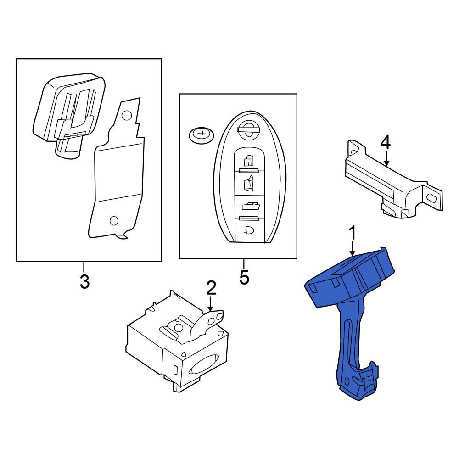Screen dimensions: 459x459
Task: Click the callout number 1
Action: coord(353,233)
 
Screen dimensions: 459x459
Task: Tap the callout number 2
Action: coord(211,288)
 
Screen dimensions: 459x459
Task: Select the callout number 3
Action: coord(84,281)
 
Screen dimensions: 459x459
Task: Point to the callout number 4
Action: coord(386,142)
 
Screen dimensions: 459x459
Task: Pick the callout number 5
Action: coord(244,277)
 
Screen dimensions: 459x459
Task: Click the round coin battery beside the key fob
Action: coord(202,135)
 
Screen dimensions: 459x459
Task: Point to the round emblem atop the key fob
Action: coord(247,130)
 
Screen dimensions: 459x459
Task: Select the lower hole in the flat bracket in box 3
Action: coord(113,221)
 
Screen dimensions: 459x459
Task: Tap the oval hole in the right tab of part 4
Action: coord(432,198)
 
